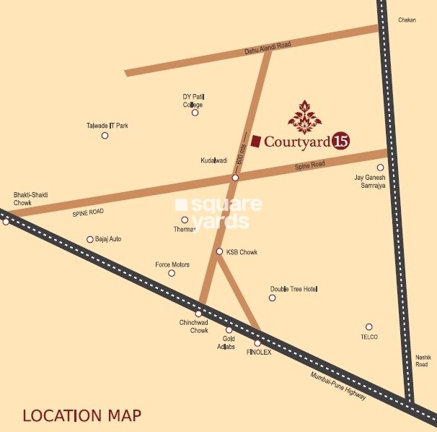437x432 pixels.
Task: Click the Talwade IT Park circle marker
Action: click(x=105, y=135)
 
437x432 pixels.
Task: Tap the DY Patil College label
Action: click(x=193, y=100)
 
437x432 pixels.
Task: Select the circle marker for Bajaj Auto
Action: click(x=90, y=239)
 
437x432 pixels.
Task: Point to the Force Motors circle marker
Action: click(x=172, y=273)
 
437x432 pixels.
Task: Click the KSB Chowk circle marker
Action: click(x=220, y=251)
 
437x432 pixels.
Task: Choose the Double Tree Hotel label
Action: click(x=294, y=289)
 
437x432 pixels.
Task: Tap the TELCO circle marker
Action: click(x=368, y=327)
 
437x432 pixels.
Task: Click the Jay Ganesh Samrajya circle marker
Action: click(x=380, y=167)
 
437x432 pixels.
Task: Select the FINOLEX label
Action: click(x=259, y=352)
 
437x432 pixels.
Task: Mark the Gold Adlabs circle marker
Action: click(x=229, y=330)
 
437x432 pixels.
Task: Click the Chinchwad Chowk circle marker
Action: click(x=198, y=314)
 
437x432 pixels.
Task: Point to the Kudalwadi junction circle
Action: click(x=235, y=177)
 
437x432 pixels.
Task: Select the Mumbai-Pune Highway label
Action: click(x=338, y=387)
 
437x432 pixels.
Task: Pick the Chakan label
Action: click(x=407, y=20)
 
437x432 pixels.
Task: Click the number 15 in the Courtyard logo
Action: click(x=341, y=142)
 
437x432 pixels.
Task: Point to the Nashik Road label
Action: click(x=422, y=360)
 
